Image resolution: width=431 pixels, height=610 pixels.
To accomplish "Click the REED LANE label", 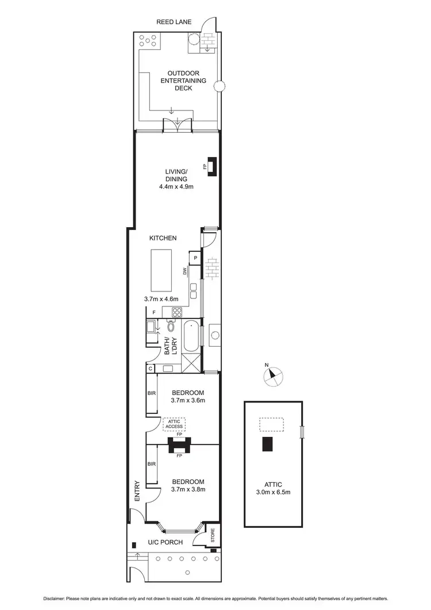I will click(174, 22).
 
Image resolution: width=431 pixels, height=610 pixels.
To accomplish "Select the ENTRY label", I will click(137, 492).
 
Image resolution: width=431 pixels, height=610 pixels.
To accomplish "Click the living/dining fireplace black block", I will click(211, 166).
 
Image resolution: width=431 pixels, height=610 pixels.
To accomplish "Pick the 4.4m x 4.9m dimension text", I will click(176, 186).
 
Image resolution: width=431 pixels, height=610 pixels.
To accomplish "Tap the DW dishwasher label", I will click(185, 271).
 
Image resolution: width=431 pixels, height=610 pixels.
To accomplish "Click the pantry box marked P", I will click(195, 258).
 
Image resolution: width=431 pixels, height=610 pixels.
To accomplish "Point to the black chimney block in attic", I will click(268, 444).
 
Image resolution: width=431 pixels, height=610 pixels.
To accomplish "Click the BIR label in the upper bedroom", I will click(151, 393).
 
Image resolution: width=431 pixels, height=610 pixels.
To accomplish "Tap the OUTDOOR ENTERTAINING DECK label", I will click(183, 81).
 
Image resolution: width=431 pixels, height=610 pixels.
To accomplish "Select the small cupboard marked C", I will click(151, 369).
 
